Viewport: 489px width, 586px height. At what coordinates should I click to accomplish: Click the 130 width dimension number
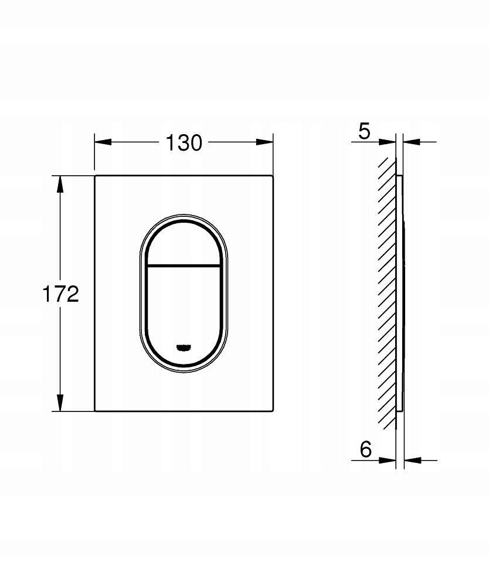coord(183,142)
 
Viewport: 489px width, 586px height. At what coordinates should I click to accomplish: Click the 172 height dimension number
coord(60,294)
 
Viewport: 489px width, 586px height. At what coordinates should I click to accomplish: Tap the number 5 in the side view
coord(364,132)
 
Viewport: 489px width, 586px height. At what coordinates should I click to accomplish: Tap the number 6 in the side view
coord(365,449)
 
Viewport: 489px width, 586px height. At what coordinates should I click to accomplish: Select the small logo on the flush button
coord(184,346)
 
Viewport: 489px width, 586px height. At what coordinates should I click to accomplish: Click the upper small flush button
coord(183,245)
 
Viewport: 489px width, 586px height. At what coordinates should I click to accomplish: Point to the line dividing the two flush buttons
coord(183,265)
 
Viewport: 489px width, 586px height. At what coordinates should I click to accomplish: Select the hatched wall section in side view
coord(386,293)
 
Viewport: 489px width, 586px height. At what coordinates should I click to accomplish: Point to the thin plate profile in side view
coord(400,293)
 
